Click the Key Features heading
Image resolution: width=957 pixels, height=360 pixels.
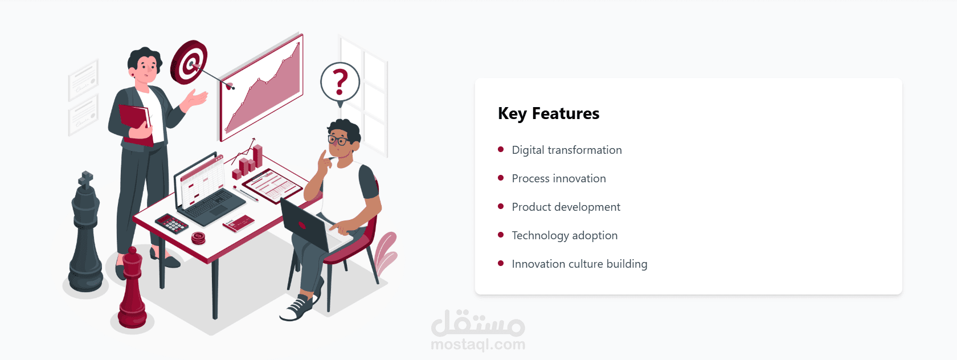point(549,113)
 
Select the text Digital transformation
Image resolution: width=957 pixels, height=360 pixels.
point(566,150)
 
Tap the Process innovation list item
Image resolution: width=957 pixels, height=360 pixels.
point(559,178)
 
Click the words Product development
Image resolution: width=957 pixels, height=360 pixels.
point(566,207)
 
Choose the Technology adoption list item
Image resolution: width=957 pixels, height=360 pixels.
point(565,236)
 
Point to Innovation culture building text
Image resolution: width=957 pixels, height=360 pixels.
point(579,264)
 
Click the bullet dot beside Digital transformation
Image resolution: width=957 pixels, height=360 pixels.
point(501,149)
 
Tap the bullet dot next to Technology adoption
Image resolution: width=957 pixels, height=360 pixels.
point(501,235)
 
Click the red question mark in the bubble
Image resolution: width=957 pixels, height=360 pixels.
point(340,81)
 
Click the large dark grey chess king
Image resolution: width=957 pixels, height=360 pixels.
point(86,233)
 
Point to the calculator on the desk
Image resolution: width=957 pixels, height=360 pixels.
point(172,223)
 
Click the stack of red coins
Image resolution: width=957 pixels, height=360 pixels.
point(198,238)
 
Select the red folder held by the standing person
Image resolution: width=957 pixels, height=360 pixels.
point(136,124)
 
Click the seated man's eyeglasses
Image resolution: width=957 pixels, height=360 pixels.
point(338,140)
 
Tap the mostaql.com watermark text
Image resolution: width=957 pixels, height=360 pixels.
point(478,345)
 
